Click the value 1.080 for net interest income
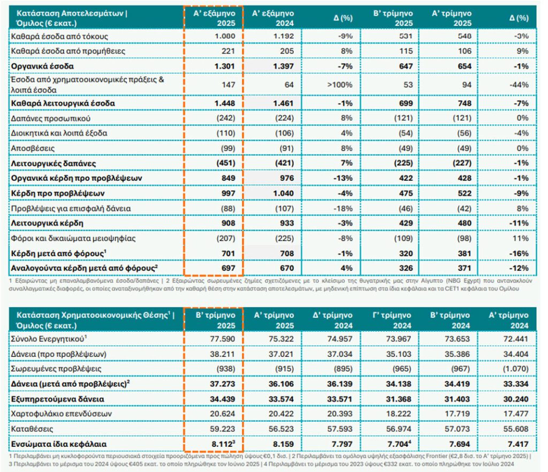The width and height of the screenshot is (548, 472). click(225, 36)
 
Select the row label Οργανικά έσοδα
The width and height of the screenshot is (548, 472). click(42, 66)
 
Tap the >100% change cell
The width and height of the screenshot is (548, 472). click(339, 85)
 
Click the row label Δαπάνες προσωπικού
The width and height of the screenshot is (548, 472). click(51, 118)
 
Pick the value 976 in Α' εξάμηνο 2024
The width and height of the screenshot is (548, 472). click(287, 178)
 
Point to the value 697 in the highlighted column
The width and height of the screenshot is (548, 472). click(228, 268)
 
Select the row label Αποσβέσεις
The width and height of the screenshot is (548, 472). click(33, 148)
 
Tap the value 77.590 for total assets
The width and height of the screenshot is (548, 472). click(222, 339)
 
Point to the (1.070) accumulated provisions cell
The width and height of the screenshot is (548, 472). click(515, 369)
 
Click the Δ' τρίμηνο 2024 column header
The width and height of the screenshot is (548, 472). click(332, 321)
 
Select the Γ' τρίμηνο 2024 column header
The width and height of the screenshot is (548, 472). click(392, 321)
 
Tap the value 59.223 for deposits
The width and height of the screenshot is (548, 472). click(222, 429)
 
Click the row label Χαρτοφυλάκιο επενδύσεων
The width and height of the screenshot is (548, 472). click(62, 414)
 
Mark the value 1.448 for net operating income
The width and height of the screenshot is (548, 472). click(225, 103)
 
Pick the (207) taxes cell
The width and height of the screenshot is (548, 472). click(226, 239)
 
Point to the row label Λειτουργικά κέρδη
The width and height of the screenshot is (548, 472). click(47, 224)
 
